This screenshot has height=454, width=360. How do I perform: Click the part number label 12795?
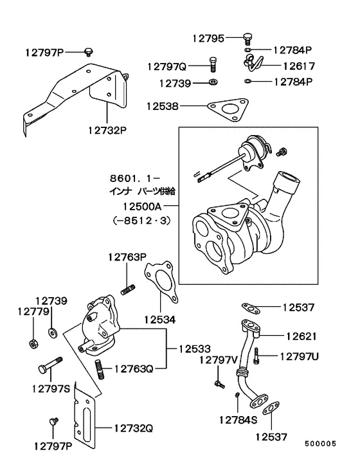[x=208, y=38]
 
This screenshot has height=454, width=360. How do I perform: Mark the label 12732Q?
[x=134, y=427]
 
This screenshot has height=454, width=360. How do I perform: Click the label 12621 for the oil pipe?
[x=301, y=336]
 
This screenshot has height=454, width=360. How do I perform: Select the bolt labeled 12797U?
[x=256, y=354]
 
